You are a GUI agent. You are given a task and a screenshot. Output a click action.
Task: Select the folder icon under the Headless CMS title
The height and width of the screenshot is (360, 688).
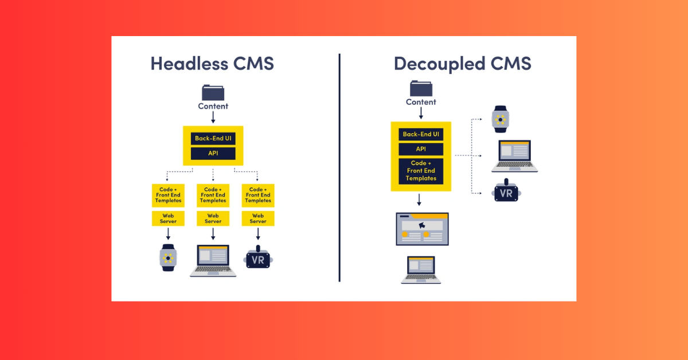[213, 92]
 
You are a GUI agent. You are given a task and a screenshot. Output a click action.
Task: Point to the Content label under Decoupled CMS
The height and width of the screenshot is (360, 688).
[421, 102]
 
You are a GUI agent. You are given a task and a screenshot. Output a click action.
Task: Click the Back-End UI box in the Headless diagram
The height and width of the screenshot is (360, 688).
[213, 138]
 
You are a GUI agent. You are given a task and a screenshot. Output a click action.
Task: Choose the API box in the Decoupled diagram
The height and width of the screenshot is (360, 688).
[421, 149]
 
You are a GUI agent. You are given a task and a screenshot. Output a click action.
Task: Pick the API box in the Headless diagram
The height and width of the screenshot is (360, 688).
[213, 154]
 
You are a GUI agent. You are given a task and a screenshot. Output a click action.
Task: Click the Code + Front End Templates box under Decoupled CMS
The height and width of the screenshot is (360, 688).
[421, 171]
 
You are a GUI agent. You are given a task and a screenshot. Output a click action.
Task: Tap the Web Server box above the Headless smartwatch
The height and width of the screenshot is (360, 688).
[168, 218]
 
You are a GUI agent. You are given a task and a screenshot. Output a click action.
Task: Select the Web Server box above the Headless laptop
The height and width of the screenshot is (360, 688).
[213, 218]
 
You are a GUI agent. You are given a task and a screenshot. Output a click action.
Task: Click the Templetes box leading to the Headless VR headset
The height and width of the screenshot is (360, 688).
[258, 195]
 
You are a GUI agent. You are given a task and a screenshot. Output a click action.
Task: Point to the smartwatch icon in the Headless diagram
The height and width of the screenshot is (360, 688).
[168, 257]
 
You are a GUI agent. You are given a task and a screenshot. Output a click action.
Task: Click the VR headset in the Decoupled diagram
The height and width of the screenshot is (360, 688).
[506, 192]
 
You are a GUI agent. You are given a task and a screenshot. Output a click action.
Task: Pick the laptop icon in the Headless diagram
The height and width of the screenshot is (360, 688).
[213, 261]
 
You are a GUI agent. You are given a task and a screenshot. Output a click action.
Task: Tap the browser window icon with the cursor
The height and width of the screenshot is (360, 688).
[422, 229]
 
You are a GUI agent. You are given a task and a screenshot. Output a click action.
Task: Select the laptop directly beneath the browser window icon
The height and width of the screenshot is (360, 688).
[421, 269]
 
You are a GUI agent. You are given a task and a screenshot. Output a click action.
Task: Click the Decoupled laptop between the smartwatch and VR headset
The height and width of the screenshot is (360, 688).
[514, 156]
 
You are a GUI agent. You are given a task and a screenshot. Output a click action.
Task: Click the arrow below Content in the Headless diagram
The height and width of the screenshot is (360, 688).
[213, 118]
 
